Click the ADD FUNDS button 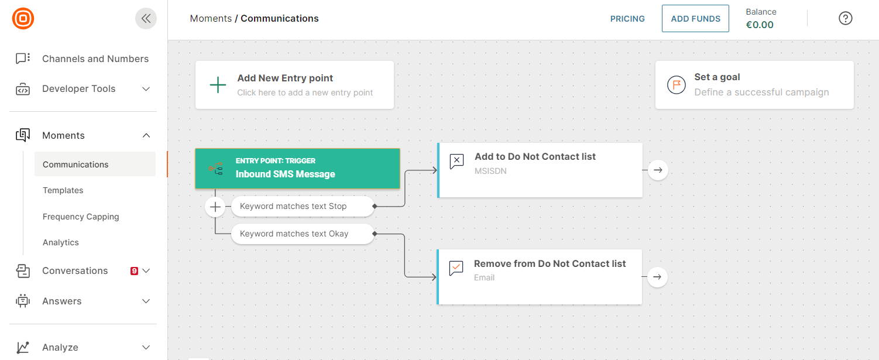[x=695, y=19]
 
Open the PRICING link [x=627, y=19]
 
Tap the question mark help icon [x=845, y=19]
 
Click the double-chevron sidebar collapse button [x=146, y=19]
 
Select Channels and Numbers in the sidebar [x=95, y=59]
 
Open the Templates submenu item [x=63, y=190]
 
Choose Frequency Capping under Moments [x=81, y=217]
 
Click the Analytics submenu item [x=61, y=242]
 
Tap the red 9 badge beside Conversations [x=134, y=271]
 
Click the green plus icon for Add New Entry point [x=218, y=85]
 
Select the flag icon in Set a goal [x=677, y=85]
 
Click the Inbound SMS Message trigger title [x=285, y=174]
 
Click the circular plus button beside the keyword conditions [x=215, y=207]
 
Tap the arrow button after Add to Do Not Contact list [x=658, y=170]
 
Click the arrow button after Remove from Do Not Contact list [x=657, y=277]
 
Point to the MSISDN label [x=490, y=171]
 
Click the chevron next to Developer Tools [x=146, y=89]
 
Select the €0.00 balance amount [x=760, y=25]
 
